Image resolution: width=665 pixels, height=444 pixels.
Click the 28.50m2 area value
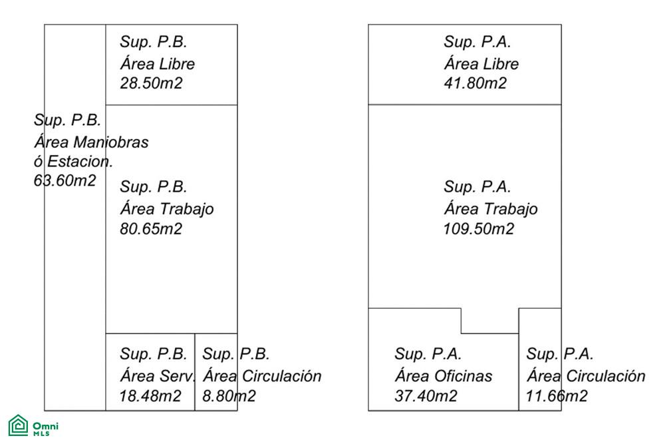151,83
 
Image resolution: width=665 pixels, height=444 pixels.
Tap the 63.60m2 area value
65,180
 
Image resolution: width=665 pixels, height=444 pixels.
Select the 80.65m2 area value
151,229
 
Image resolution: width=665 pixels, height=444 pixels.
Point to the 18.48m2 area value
150,396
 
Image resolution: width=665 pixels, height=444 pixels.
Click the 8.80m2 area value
229,396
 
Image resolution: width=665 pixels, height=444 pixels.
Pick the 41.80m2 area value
475,83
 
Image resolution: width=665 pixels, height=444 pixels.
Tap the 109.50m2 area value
478,229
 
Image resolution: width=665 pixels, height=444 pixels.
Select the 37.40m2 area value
426,396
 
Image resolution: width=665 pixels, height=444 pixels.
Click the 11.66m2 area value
557,396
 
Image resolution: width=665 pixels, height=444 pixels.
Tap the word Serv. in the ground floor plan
178,376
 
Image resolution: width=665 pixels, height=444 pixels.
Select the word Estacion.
80,161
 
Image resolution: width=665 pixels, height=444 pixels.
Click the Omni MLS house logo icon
18,425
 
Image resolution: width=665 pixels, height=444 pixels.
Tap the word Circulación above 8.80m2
282,376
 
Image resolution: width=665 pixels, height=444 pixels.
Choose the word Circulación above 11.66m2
606,376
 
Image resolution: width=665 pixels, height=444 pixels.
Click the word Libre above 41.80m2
501,64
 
